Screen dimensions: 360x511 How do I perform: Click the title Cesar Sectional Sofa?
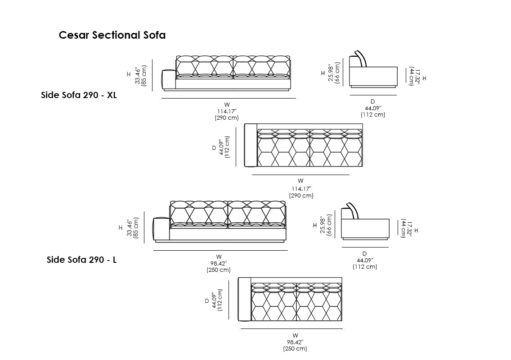tap(112, 35)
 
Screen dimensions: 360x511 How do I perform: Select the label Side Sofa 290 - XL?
tap(79, 95)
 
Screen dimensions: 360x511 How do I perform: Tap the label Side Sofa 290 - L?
tap(82, 260)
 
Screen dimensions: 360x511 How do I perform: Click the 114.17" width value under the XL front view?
tap(227, 111)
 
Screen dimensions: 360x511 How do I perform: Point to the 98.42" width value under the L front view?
tap(219, 263)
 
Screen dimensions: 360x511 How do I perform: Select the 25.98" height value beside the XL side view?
tap(331, 72)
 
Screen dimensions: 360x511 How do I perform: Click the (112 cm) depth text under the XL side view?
tap(373, 115)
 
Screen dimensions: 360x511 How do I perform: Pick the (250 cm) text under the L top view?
tap(295, 348)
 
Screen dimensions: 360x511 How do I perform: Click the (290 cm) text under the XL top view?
tap(301, 196)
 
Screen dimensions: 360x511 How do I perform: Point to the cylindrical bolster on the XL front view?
tap(168, 80)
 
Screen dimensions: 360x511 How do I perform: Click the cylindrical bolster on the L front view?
tap(161, 229)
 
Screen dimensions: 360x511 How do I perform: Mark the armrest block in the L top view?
tap(244, 299)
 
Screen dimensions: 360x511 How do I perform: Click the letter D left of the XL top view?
tap(214, 148)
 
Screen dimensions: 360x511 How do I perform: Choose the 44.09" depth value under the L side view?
tap(364, 260)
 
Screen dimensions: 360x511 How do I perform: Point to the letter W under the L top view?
tap(295, 335)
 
